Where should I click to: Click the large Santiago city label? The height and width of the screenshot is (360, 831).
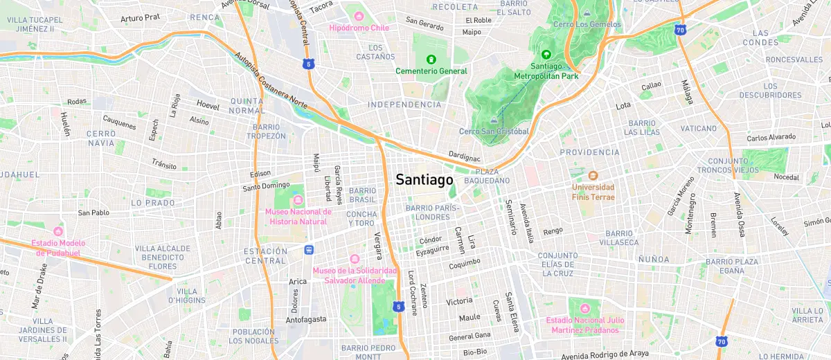[425, 180]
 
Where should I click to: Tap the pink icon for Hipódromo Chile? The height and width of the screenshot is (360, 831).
[359, 16]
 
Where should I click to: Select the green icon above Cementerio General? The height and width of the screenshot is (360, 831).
[431, 60]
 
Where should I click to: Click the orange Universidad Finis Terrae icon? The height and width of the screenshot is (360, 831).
[593, 174]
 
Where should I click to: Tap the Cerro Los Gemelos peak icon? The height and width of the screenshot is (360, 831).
[587, 13]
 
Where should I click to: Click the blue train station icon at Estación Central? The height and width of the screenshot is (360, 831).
[308, 250]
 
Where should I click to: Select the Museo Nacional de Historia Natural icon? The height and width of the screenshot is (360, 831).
[298, 200]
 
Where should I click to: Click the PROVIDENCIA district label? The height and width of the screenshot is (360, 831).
[589, 152]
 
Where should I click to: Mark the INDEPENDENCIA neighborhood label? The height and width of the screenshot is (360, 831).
[405, 105]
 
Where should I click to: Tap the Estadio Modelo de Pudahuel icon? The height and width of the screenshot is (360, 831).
[58, 231]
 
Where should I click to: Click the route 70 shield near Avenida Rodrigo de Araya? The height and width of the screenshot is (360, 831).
[722, 341]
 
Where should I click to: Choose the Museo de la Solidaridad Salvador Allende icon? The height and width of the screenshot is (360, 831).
[355, 259]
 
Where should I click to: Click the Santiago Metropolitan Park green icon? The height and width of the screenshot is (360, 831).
[546, 55]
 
